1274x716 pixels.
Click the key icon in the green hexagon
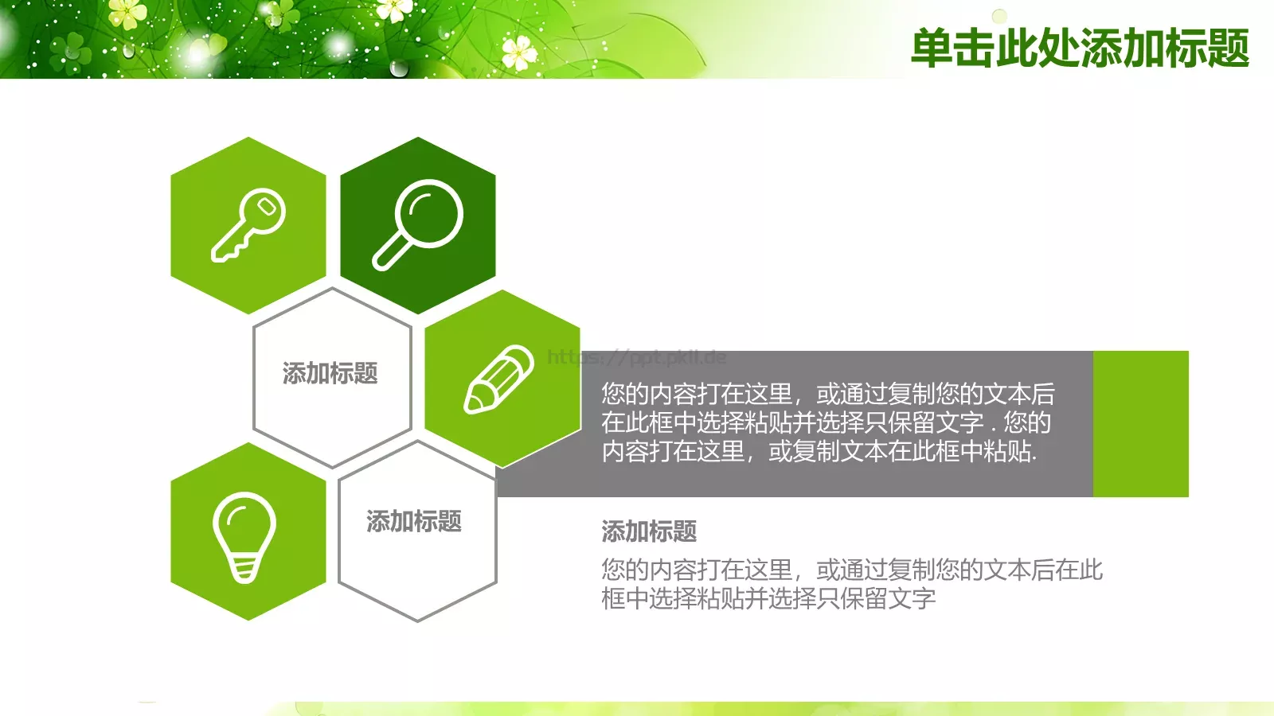click(x=248, y=225)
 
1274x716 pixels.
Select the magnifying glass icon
click(x=418, y=225)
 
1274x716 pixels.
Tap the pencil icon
click(x=499, y=379)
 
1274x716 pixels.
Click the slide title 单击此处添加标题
click(x=1080, y=48)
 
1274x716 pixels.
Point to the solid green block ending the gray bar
click(x=1140, y=424)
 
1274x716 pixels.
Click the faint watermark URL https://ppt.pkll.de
click(x=636, y=357)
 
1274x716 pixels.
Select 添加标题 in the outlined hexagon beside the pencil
click(x=330, y=373)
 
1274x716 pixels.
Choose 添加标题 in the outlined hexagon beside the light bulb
click(x=414, y=521)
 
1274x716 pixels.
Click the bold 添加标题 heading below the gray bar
click(x=649, y=531)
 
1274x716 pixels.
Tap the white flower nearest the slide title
click(x=519, y=53)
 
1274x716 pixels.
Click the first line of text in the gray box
click(x=827, y=394)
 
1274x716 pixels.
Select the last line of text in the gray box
click(x=819, y=452)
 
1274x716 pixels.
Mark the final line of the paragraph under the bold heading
click(x=768, y=598)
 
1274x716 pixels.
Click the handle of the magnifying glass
click(x=390, y=254)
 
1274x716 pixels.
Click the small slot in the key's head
click(x=268, y=207)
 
